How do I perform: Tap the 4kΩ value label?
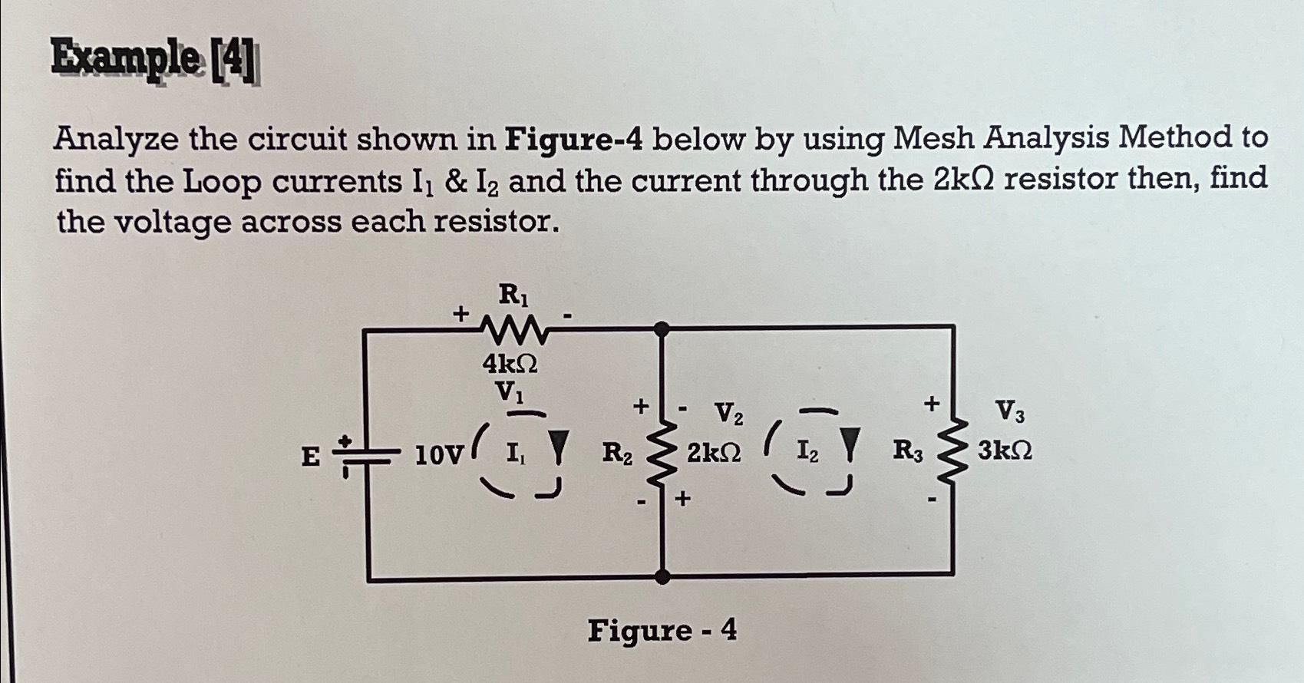pos(510,363)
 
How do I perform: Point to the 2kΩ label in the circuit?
pos(714,453)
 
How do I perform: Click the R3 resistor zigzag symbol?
pos(953,452)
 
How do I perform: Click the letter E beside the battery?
pos(310,457)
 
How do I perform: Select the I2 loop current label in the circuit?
pos(807,451)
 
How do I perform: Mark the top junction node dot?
pos(662,329)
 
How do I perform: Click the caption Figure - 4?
pos(662,631)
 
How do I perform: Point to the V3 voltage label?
pos(1009,413)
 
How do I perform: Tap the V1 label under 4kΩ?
pos(510,392)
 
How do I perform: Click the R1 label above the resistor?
pos(513,294)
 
